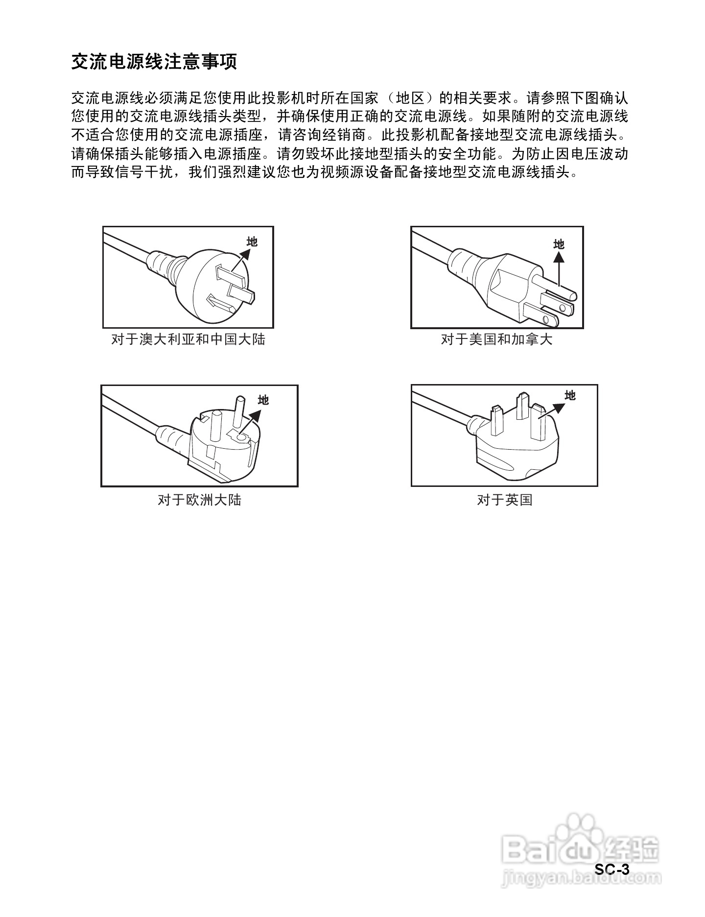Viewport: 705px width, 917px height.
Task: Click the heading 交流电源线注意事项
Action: [154, 62]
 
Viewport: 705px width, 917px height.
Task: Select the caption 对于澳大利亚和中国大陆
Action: [188, 339]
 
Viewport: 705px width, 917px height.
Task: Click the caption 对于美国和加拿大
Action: [496, 339]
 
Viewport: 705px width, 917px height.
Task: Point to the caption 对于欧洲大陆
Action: [199, 500]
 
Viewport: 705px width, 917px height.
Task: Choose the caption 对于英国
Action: [504, 500]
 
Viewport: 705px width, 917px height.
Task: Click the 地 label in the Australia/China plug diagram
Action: [252, 241]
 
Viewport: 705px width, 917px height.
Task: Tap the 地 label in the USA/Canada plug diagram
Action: [559, 244]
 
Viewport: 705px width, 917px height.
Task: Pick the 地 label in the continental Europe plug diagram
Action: [263, 400]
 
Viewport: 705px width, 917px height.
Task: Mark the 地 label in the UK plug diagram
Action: [570, 395]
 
